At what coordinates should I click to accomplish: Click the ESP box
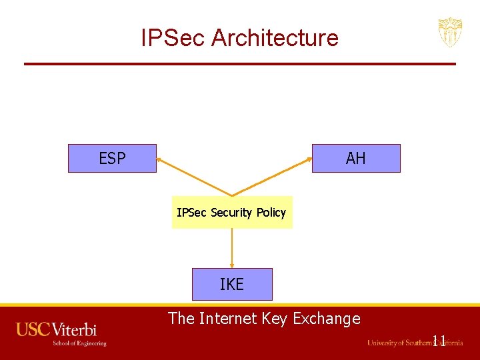112,159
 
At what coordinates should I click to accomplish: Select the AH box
356,159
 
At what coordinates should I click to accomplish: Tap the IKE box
232,285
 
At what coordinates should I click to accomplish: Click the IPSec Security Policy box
232,213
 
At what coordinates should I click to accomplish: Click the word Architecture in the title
275,38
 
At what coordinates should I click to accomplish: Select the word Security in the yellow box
231,213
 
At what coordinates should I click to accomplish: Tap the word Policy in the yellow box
271,213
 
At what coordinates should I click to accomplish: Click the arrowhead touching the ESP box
160,159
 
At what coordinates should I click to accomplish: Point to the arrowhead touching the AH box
309,159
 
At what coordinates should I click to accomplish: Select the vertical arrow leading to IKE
232,248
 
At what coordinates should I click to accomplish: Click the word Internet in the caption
229,319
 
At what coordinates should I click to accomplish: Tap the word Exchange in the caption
327,319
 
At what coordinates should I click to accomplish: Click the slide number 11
439,341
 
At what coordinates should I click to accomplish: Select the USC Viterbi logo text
57,329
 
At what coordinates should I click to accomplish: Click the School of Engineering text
80,343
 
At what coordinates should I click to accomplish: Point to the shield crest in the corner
450,32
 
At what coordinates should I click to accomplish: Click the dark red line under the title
240,64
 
